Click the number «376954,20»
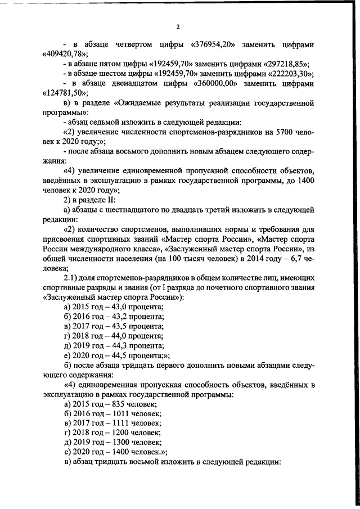click(x=214, y=44)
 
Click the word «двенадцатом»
click(x=137, y=84)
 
